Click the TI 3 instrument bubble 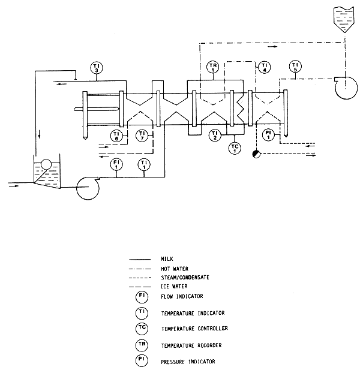[97, 68]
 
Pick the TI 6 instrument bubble [117, 136]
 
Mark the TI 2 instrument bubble [214, 136]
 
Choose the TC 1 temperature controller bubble [235, 147]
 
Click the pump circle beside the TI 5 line [344, 90]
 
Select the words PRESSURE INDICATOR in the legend [188, 362]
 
